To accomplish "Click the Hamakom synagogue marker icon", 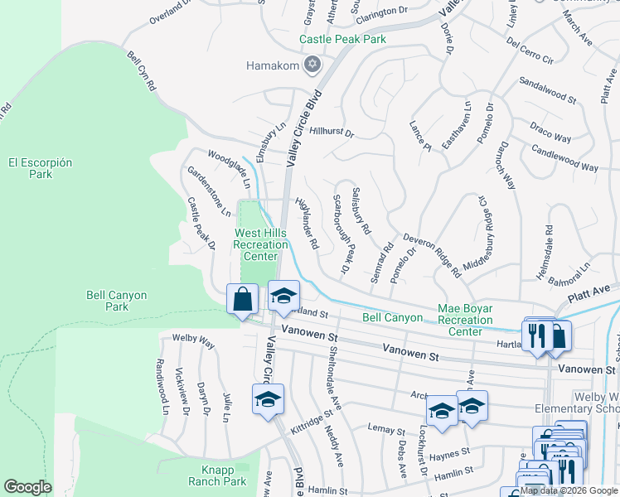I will click(312, 65).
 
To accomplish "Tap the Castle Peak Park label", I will click(342, 39).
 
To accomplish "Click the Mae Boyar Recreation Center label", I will click(465, 320).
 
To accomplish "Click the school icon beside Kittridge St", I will click(268, 399).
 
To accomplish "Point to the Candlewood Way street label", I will click(564, 161).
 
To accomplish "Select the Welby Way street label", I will click(193, 342).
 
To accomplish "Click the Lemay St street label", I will click(387, 431).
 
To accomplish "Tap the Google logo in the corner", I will click(27, 487).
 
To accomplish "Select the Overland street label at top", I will click(170, 12).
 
